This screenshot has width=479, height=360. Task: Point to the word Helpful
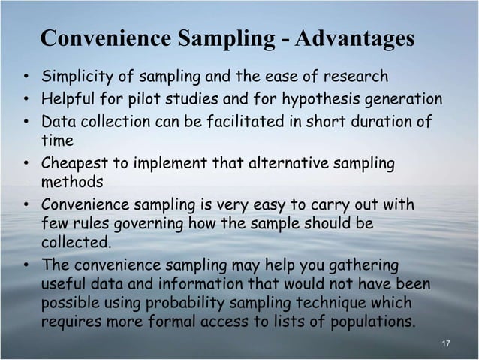tap(68, 100)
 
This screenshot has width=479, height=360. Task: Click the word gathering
tap(360, 266)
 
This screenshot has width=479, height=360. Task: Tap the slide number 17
tap(446, 343)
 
